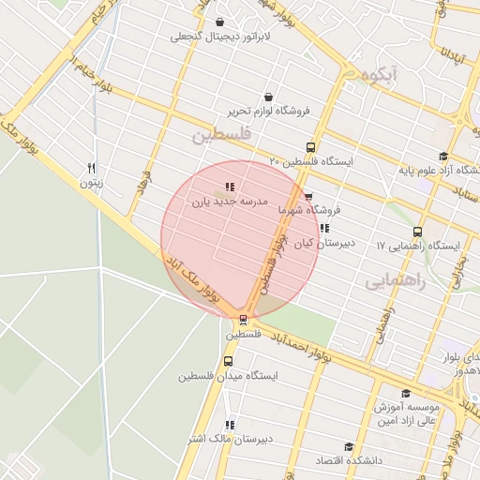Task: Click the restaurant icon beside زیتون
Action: point(91,169)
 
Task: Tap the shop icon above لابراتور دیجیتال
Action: point(219,22)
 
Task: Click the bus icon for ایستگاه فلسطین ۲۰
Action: point(311,147)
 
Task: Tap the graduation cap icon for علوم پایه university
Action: point(443,157)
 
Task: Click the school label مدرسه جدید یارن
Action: point(229,202)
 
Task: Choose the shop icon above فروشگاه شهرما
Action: point(308,196)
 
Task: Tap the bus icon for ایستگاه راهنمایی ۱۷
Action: point(417,232)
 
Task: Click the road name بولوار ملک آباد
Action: point(192,277)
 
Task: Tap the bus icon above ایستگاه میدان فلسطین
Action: point(229,361)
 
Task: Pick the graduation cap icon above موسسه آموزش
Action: point(406,394)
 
